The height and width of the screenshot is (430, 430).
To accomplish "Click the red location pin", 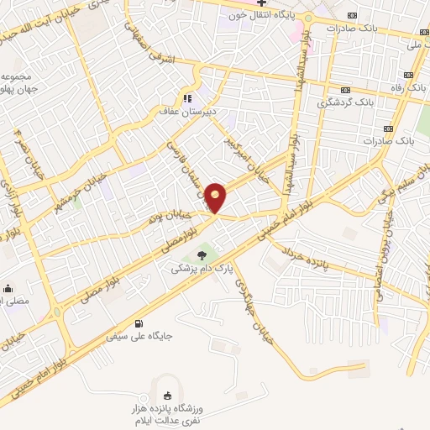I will [217, 197].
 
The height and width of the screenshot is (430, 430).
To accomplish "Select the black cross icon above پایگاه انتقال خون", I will [261, 3].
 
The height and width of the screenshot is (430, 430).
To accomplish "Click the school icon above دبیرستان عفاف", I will [188, 97].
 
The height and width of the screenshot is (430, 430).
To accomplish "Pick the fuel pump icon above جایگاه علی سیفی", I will [139, 324].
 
